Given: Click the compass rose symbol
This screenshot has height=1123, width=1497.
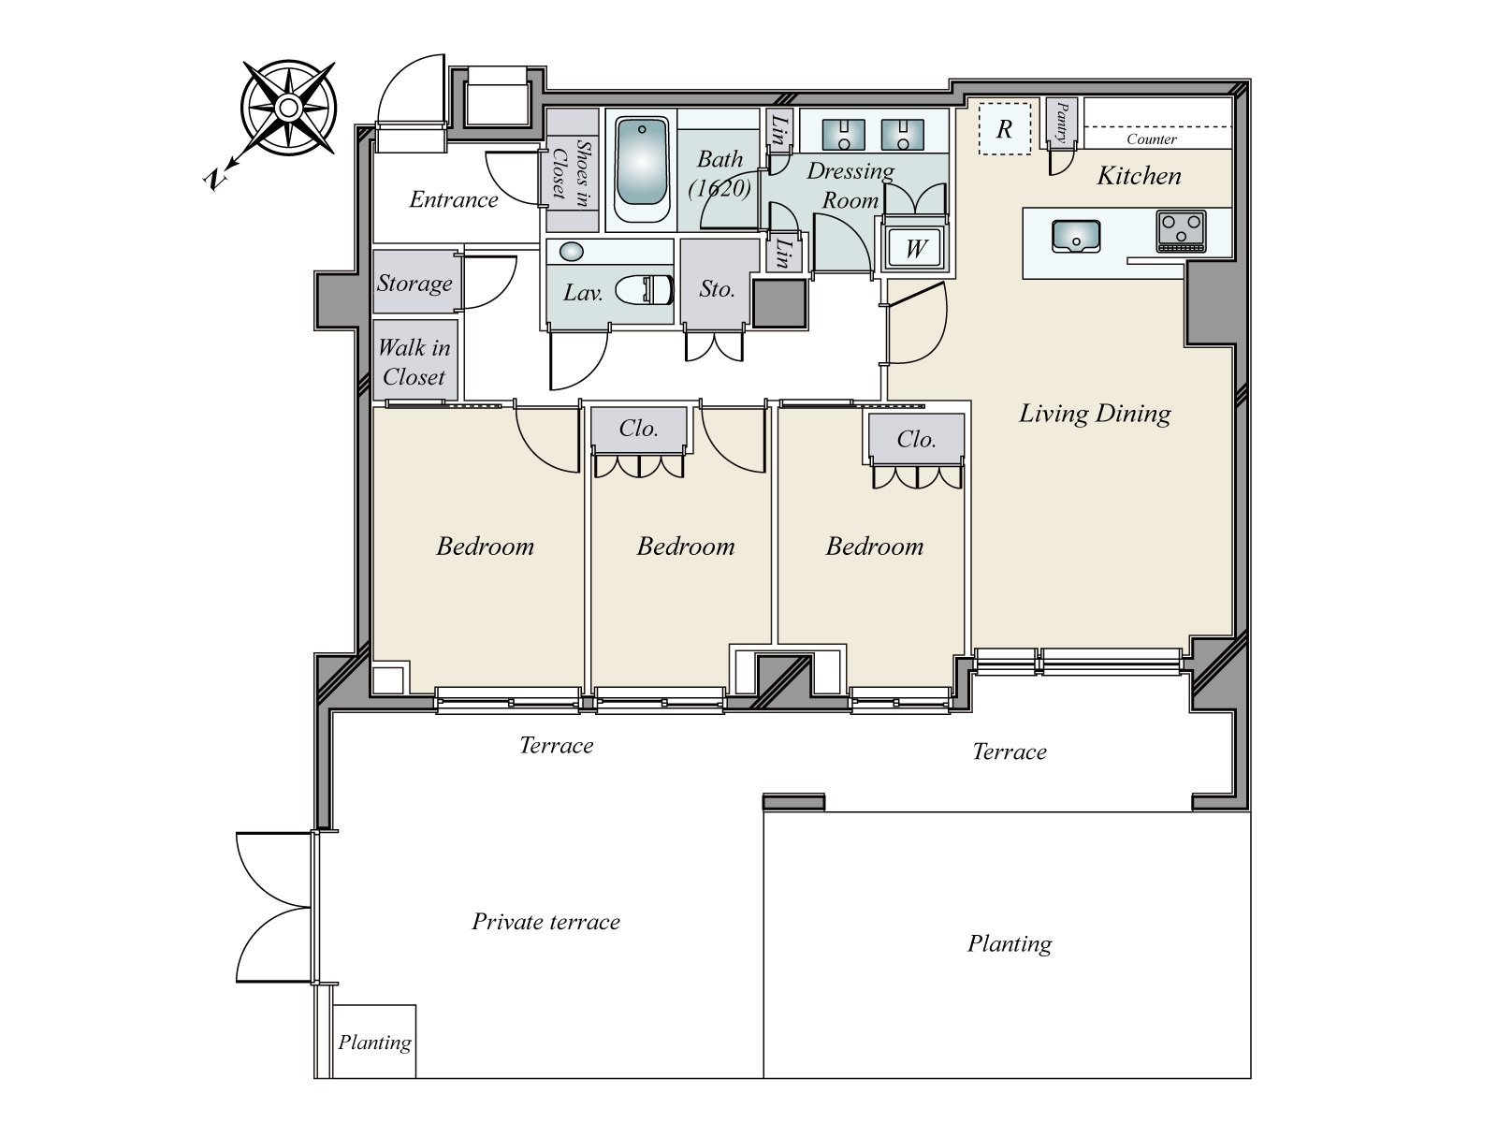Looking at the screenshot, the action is pyautogui.click(x=288, y=108).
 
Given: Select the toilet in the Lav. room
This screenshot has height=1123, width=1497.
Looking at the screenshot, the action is pyautogui.click(x=645, y=290).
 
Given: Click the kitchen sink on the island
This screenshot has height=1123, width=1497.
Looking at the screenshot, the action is pyautogui.click(x=1076, y=236).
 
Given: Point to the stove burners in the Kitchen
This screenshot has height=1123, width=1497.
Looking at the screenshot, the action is pyautogui.click(x=1182, y=230).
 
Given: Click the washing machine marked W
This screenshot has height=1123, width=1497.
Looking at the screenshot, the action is pyautogui.click(x=914, y=247).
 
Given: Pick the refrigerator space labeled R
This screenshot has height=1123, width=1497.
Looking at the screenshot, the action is pyautogui.click(x=1005, y=129).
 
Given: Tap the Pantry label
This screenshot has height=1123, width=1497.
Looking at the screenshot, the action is pyautogui.click(x=1061, y=122).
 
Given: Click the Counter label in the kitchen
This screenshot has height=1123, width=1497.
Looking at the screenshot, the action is pyautogui.click(x=1151, y=139).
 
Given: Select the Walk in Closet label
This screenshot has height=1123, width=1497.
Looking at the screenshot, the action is pyautogui.click(x=414, y=361).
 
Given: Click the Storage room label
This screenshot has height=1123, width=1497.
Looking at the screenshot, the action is pyautogui.click(x=414, y=283).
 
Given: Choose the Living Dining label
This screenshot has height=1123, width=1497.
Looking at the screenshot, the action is pyautogui.click(x=1095, y=414).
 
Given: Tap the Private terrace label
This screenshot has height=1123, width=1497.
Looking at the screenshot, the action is pyautogui.click(x=545, y=922).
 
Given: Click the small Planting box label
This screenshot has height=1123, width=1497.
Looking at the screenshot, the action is pyautogui.click(x=374, y=1043).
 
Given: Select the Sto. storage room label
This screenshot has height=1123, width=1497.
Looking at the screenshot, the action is pyautogui.click(x=717, y=289).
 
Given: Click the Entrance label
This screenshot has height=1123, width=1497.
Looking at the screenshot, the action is pyautogui.click(x=454, y=199).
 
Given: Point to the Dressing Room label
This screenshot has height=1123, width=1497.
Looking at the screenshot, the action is pyautogui.click(x=850, y=184).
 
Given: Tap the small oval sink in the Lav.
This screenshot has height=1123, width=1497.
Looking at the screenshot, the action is pyautogui.click(x=572, y=252).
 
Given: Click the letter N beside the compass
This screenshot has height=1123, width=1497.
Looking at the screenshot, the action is pyautogui.click(x=215, y=180).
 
